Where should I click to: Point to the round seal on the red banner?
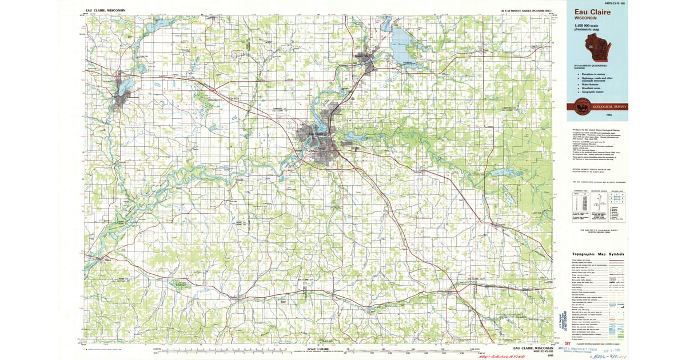(x=581, y=106)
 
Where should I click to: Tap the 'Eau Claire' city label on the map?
(x=316, y=134)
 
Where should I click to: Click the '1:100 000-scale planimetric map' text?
(x=592, y=29)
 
